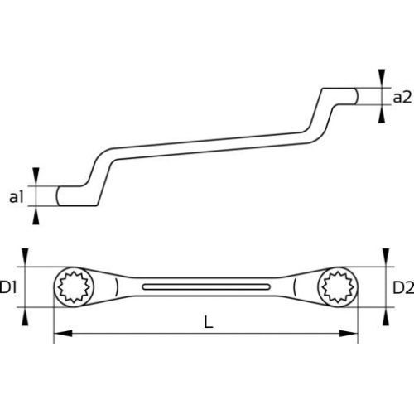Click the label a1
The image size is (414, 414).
(x=16, y=197)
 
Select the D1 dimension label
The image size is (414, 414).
(x=10, y=288)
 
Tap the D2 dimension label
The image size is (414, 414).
(x=402, y=288)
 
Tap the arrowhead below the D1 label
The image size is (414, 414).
(x=25, y=319)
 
